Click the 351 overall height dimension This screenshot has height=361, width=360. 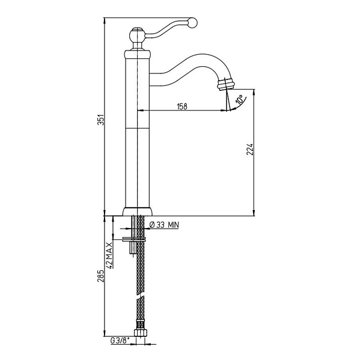click(101, 120)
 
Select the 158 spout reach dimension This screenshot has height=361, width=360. click(182, 106)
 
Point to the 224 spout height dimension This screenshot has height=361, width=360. click(250, 149)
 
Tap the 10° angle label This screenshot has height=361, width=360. click(239, 100)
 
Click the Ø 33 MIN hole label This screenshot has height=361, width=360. click(164, 224)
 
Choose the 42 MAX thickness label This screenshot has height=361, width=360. click(110, 255)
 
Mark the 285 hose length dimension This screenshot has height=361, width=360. click(101, 276)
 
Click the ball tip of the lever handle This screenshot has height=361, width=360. click(192, 23)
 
